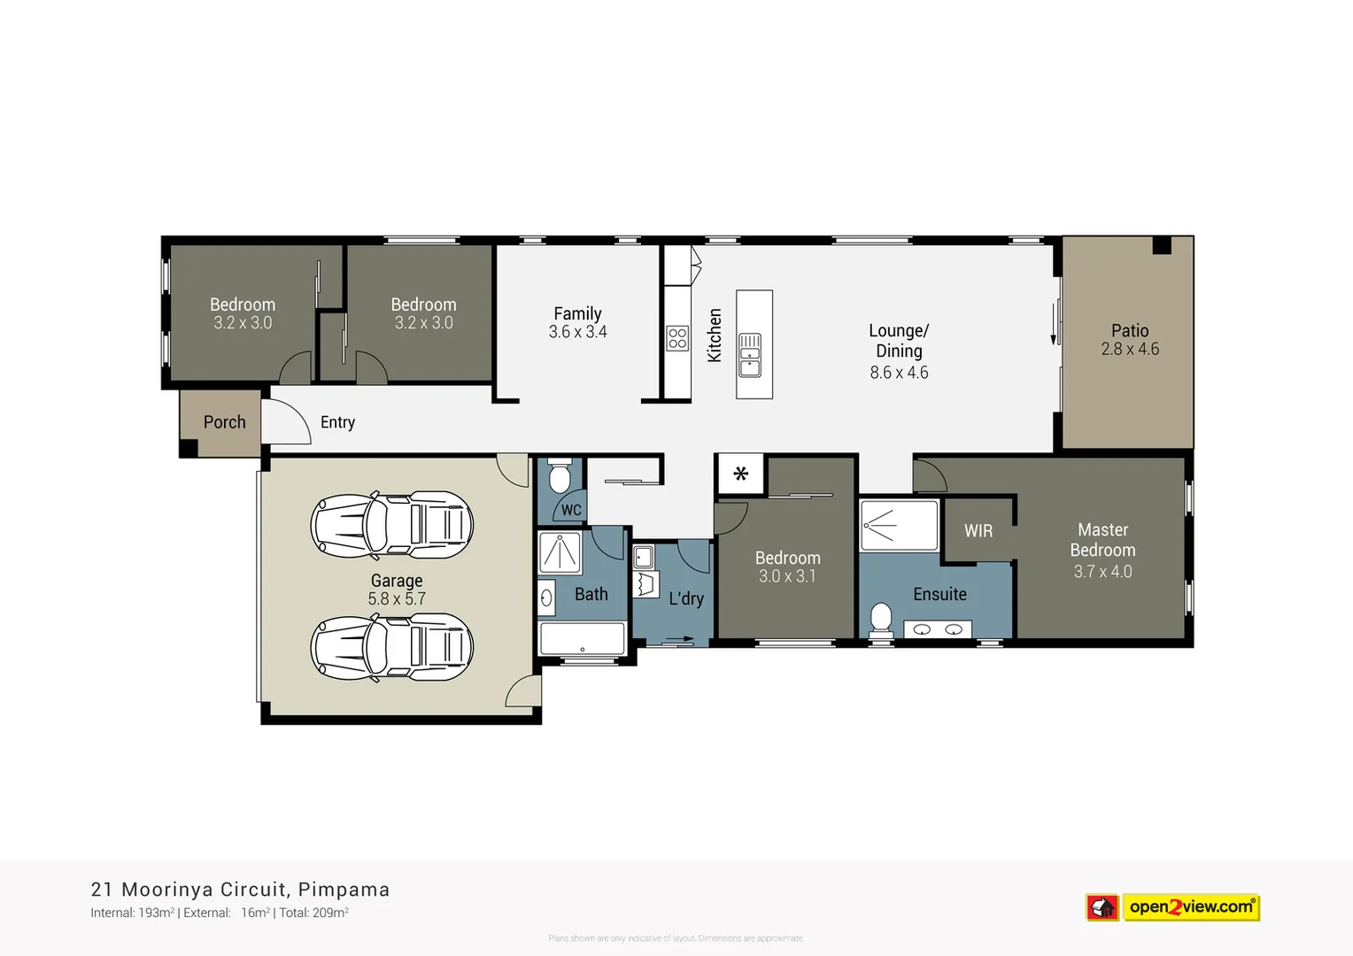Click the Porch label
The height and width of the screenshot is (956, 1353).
click(x=224, y=422)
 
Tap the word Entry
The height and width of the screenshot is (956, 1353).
click(x=337, y=422)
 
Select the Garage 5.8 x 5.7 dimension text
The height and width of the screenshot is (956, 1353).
click(x=397, y=599)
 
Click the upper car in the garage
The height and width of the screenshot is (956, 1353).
click(x=391, y=525)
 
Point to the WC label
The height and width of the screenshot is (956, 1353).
click(x=571, y=510)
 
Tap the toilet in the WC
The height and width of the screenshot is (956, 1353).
click(x=559, y=476)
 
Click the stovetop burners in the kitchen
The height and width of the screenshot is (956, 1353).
click(x=677, y=338)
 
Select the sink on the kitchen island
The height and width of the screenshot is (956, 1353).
click(x=749, y=354)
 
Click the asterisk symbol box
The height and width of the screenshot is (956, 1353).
click(x=740, y=474)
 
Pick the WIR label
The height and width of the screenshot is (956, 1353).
click(x=978, y=531)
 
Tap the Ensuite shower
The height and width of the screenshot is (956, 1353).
click(x=899, y=526)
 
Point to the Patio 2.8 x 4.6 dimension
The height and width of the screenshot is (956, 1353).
click(x=1130, y=350)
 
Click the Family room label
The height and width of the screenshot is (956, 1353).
click(x=577, y=313)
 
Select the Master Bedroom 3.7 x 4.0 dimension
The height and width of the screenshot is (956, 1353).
click(x=1102, y=572)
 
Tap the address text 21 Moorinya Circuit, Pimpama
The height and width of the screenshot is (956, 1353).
click(x=240, y=890)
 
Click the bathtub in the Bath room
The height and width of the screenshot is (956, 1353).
click(x=583, y=638)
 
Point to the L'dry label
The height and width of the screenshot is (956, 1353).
click(x=686, y=598)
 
